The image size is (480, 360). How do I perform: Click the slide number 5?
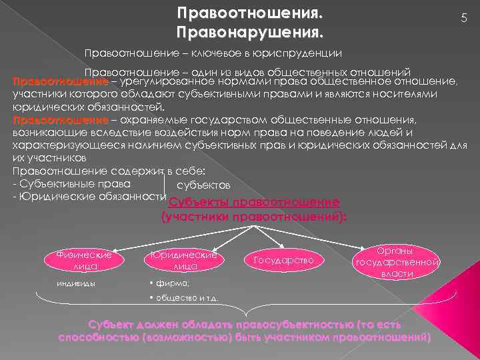(463, 21)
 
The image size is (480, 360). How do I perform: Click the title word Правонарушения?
(249, 32)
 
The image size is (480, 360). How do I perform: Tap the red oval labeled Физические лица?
(85, 260)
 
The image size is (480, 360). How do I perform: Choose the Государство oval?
(283, 259)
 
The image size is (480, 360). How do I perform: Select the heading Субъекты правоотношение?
(255, 203)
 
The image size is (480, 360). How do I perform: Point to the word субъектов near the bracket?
(204, 185)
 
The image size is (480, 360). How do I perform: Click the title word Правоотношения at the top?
(249, 13)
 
